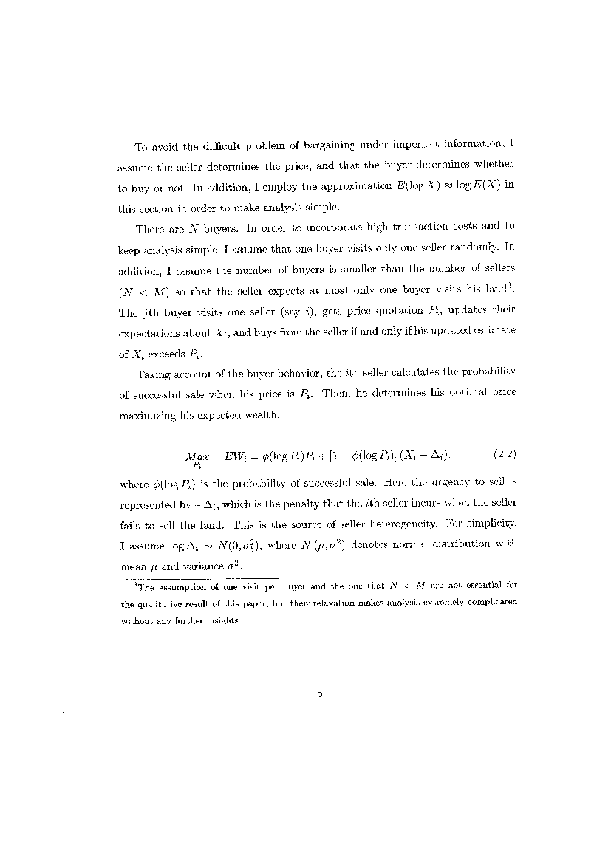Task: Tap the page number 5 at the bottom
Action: (x=320, y=693)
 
